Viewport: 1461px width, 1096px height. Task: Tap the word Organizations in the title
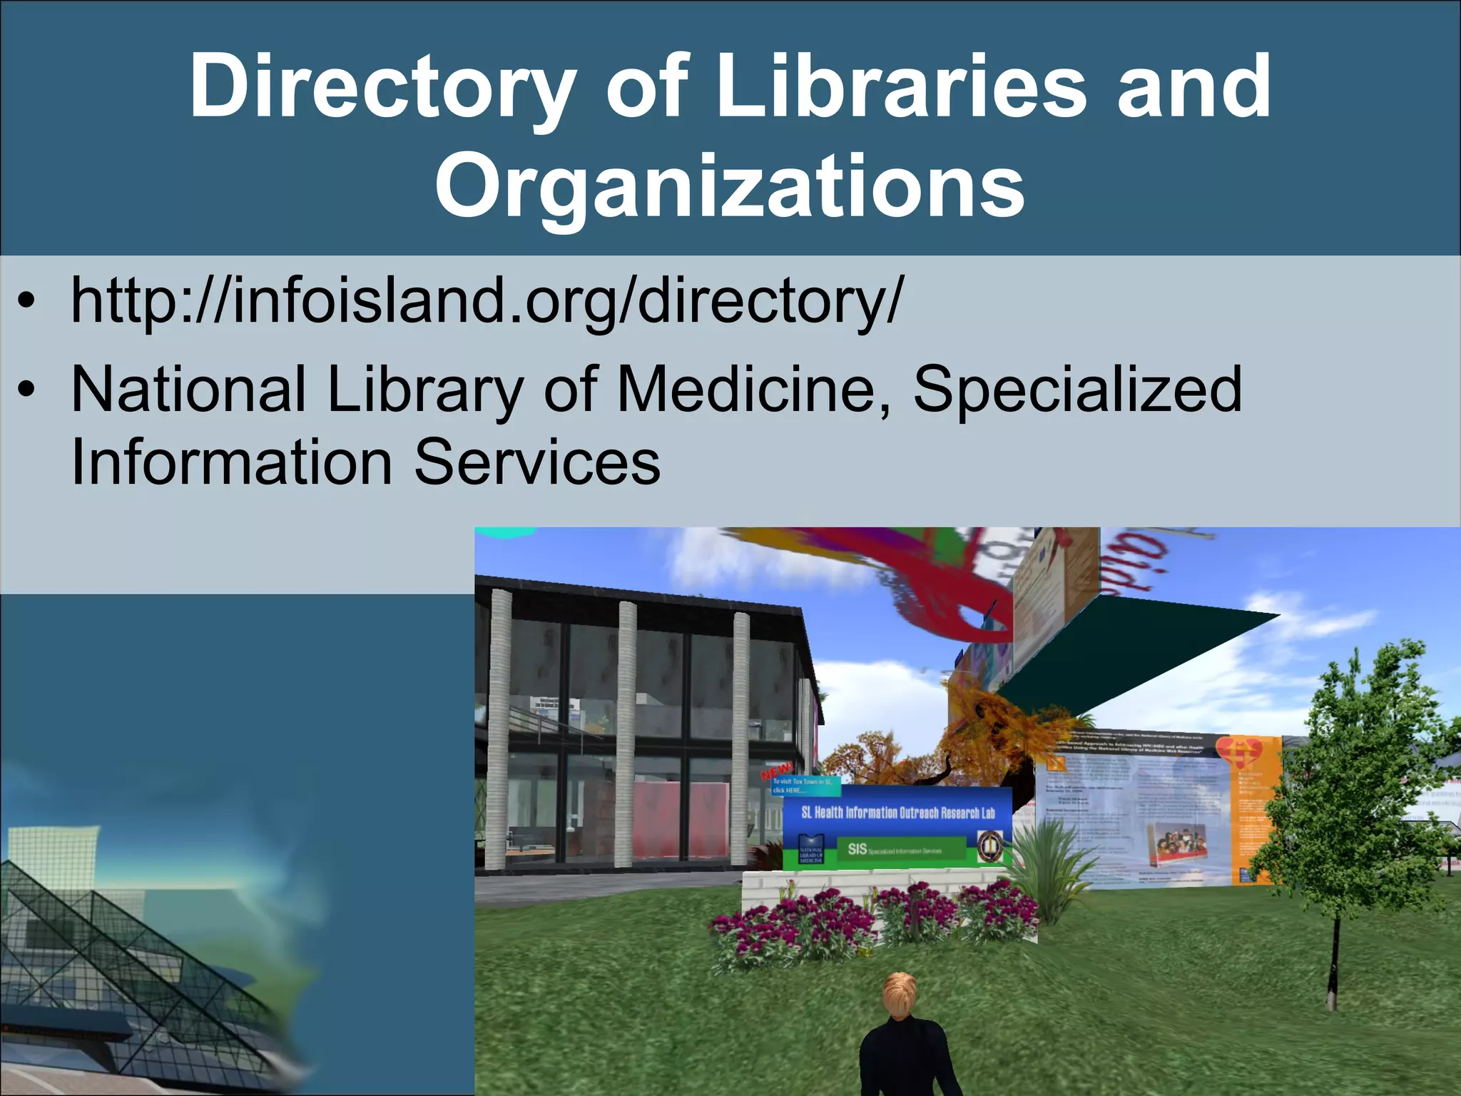point(729,187)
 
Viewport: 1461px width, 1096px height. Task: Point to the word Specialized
point(1077,390)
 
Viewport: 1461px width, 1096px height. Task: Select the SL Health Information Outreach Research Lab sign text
point(897,813)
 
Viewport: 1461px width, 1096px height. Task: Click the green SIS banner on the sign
point(899,850)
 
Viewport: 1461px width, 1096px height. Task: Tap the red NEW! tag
point(776,771)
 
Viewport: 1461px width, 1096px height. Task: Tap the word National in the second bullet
point(189,390)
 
